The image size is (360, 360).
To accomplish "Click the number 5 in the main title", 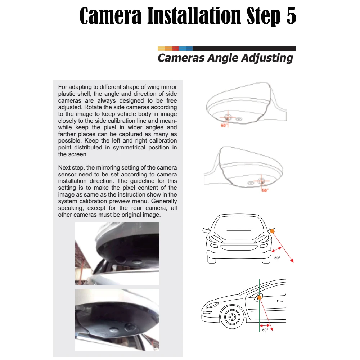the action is pos(291,15).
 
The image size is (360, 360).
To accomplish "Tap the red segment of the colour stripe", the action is pos(175,49).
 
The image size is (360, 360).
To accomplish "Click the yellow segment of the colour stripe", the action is pos(161,49).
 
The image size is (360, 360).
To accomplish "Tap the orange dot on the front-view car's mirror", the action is pos(272,231).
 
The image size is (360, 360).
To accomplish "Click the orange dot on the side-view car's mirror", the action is pos(260,297).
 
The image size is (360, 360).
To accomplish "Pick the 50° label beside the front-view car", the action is pos(277,258).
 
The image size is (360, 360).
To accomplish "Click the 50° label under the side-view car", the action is pos(265,330).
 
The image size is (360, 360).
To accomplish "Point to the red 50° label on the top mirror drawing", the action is pos(224,125).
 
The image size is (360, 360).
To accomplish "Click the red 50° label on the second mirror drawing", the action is pos(265,190).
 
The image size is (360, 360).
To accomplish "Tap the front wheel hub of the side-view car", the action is pos(232,317).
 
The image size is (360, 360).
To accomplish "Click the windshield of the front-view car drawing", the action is pos(239,223).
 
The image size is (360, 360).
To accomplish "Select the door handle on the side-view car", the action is pos(280,301).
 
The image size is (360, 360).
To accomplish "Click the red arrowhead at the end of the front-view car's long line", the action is pos(292,260).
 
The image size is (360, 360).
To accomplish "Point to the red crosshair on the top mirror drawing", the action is pos(227,118).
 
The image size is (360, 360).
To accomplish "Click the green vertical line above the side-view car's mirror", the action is pos(260,287).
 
